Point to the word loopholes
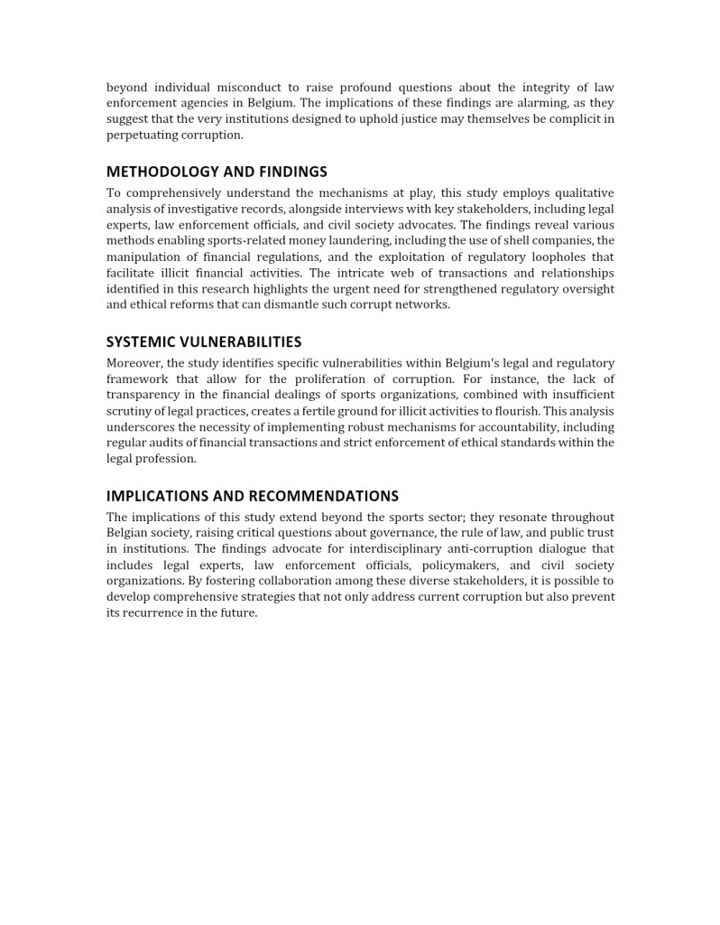[555, 257]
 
